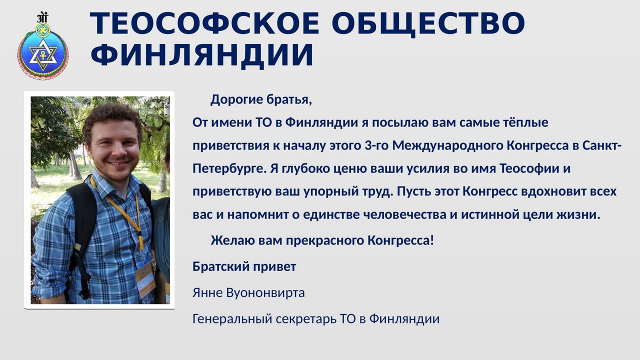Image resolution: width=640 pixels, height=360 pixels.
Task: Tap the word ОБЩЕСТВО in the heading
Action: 428,24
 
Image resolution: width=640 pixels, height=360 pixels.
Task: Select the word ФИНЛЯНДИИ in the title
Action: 202,55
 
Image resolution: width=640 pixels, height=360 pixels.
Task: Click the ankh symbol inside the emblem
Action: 43,54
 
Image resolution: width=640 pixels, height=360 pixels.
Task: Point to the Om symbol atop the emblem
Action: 42,17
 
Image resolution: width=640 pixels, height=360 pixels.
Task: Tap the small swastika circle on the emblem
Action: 43,30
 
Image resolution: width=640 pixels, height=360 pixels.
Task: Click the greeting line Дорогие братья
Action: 261,100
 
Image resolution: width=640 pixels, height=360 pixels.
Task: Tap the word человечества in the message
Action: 404,214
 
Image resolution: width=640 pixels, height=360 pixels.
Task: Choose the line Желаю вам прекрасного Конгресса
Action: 322,240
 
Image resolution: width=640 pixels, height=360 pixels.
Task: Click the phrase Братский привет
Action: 244,267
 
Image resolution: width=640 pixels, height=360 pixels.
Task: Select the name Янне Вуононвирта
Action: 248,293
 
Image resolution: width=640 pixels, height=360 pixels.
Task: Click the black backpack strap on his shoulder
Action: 83,228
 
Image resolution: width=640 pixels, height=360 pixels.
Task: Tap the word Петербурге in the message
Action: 229,169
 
